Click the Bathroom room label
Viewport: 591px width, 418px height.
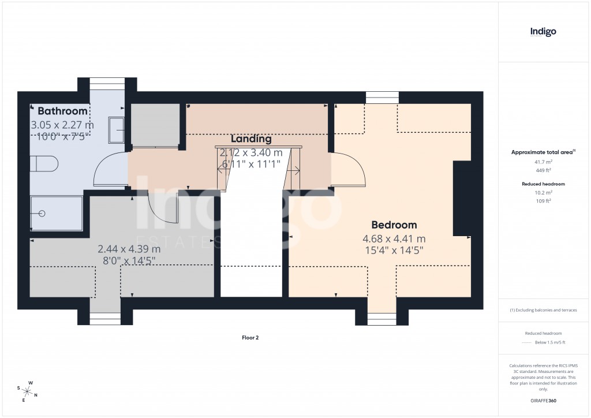pyautogui.click(x=63, y=111)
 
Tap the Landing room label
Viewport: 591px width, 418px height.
pyautogui.click(x=251, y=139)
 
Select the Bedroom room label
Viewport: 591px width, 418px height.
pyautogui.click(x=394, y=225)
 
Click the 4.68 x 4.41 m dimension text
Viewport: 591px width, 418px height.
pyautogui.click(x=394, y=239)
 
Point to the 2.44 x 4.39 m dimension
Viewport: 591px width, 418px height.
pyautogui.click(x=129, y=249)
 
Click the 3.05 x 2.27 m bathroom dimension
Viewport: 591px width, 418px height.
pyautogui.click(x=62, y=125)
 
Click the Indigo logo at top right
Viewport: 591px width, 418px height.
pyautogui.click(x=543, y=32)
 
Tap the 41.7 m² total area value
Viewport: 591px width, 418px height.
pyautogui.click(x=543, y=162)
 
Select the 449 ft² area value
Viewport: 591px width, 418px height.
pyautogui.click(x=543, y=170)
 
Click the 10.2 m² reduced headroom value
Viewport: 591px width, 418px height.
pyautogui.click(x=543, y=192)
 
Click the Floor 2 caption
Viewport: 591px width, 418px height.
pyautogui.click(x=250, y=338)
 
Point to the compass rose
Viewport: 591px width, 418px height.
pyautogui.click(x=27, y=391)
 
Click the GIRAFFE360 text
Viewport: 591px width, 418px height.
pyautogui.click(x=543, y=400)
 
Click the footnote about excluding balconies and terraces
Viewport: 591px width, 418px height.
pyautogui.click(x=543, y=310)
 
